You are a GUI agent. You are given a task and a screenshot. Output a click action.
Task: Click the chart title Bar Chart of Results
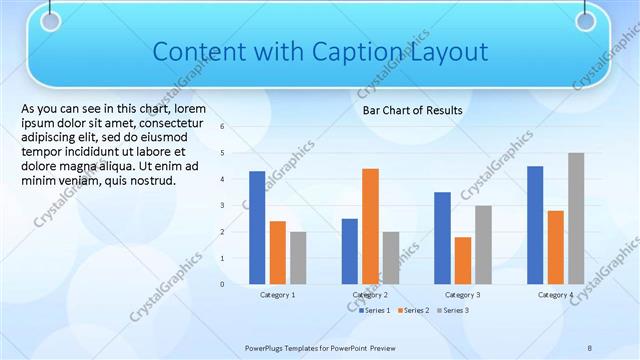click(412, 110)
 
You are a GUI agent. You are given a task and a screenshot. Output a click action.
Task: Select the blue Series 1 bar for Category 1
click(257, 227)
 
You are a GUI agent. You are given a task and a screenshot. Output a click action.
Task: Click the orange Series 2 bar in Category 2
click(370, 226)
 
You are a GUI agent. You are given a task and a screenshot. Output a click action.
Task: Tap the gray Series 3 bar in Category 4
click(576, 218)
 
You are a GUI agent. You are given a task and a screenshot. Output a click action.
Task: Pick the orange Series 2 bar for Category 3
click(462, 260)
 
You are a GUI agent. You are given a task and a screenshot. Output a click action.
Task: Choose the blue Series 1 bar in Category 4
click(535, 225)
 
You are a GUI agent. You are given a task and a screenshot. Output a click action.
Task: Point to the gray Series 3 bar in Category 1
click(298, 257)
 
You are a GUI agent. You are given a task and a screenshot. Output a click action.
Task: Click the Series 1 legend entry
click(376, 311)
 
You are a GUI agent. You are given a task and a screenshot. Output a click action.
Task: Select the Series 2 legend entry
click(414, 311)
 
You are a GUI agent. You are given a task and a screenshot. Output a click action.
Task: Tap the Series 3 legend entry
click(452, 311)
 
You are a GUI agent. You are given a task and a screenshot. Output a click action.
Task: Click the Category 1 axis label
click(277, 295)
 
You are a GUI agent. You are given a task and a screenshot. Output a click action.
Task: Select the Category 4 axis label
click(555, 295)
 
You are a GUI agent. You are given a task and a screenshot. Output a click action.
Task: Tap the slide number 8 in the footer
click(590, 347)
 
